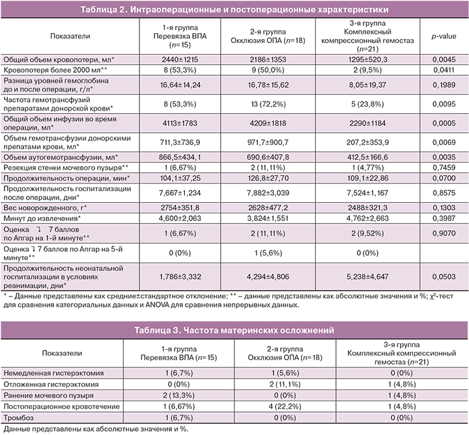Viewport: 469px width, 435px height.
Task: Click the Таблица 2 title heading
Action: pos(234,9)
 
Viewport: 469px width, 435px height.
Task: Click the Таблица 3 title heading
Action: pos(234,330)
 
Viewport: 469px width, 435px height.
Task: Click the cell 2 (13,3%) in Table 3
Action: pos(175,395)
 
